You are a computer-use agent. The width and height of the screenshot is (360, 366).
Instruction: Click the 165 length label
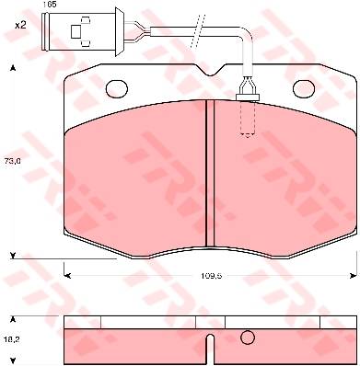49,6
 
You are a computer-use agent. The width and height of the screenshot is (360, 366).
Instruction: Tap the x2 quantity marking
20,26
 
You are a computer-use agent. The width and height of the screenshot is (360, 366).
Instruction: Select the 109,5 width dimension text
212,276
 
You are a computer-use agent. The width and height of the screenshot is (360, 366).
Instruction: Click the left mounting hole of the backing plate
117,89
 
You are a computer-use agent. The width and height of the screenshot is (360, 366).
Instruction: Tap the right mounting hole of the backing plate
304,89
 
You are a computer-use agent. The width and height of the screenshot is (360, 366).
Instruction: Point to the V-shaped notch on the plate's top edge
210,70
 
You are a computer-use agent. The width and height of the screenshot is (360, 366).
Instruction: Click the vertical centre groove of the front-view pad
210,173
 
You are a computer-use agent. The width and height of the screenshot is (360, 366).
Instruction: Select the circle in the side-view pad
248,337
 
